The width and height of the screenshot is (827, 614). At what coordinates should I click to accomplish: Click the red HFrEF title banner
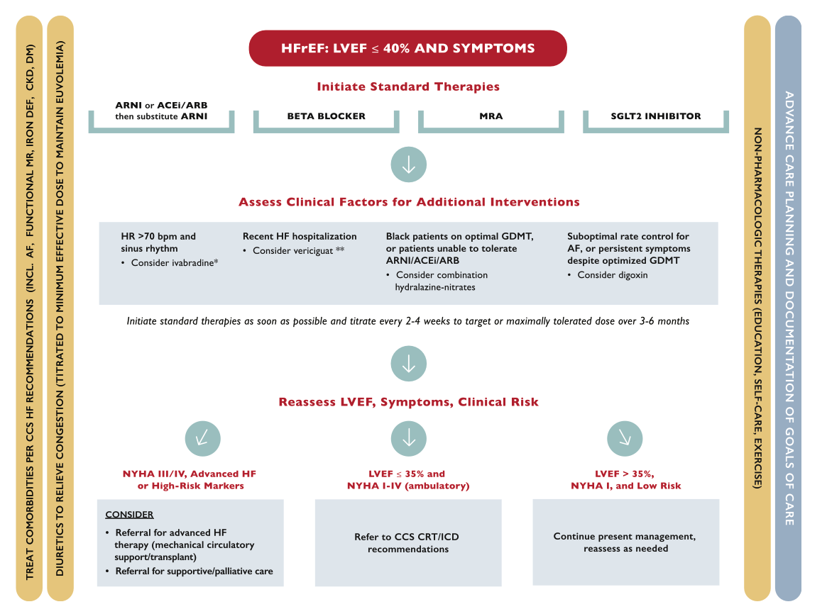(x=407, y=49)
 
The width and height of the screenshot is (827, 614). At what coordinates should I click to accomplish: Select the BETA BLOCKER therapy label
(x=326, y=116)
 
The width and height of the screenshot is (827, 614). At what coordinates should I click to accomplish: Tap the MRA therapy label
(x=491, y=116)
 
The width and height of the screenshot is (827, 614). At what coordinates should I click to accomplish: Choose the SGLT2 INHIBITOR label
(x=655, y=116)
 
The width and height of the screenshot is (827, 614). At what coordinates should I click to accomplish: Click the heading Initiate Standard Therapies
(x=408, y=86)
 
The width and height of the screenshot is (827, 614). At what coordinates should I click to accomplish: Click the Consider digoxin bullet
(x=612, y=275)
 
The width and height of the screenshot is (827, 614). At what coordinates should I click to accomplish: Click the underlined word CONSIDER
(x=129, y=515)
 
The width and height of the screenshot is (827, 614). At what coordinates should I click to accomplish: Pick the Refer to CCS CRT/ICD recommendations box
(x=408, y=543)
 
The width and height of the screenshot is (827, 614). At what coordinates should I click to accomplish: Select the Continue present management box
(x=625, y=542)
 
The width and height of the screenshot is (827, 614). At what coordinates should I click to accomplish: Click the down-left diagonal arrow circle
(x=202, y=439)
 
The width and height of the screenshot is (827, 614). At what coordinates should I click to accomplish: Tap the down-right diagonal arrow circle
(x=625, y=439)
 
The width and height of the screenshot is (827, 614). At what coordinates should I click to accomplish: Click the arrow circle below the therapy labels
(x=408, y=165)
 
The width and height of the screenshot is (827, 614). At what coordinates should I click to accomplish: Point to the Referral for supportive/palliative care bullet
(x=194, y=571)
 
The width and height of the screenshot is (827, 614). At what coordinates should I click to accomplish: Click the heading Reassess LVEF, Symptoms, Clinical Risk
(x=408, y=402)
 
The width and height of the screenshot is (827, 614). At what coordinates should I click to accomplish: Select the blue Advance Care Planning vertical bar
(x=788, y=308)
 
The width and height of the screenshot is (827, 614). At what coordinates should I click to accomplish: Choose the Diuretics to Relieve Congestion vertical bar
(x=60, y=308)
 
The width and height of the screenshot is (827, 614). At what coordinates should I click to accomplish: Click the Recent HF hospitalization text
(x=300, y=236)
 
